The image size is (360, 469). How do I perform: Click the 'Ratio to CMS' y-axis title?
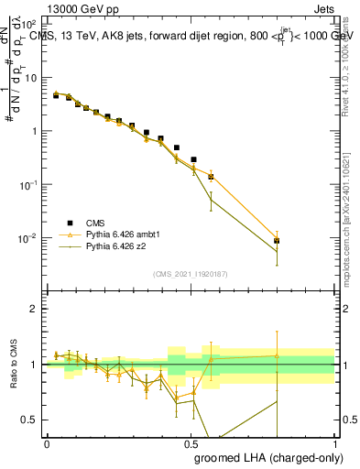(x=13, y=365)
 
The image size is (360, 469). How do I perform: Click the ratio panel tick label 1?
(x=34, y=365)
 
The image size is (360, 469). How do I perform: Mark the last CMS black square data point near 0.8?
(x=277, y=241)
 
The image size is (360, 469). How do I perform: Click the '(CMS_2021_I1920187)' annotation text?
(x=190, y=273)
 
